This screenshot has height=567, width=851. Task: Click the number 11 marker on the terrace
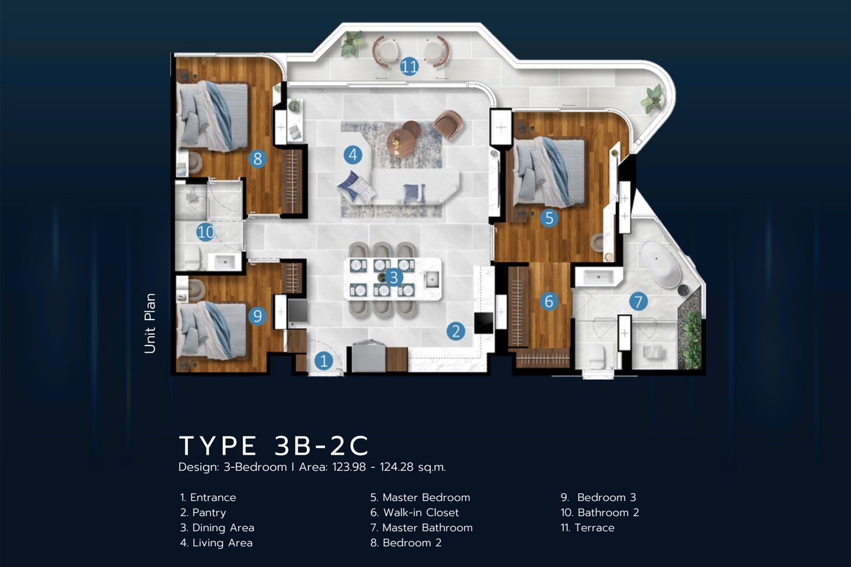tap(409, 67)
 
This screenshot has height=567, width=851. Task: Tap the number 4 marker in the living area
tap(353, 155)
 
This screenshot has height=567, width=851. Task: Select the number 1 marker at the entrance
tap(324, 360)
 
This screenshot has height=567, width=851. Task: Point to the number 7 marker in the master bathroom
tap(638, 302)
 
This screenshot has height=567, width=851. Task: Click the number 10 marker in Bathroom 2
tap(206, 232)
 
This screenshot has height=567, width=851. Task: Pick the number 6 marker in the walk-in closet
tap(549, 302)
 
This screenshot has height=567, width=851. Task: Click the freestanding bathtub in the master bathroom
tap(661, 265)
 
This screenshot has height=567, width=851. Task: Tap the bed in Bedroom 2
tap(213, 116)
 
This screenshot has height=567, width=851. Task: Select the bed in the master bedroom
tap(548, 173)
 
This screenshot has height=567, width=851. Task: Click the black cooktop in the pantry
tap(483, 323)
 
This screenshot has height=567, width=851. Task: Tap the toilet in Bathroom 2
tap(192, 258)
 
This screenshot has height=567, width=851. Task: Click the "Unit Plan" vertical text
tap(150, 324)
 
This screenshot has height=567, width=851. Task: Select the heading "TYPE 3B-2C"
tap(274, 446)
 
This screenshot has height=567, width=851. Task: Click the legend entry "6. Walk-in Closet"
tap(414, 513)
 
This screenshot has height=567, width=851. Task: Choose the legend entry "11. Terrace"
tap(587, 528)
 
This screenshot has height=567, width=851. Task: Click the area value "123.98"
tap(349, 467)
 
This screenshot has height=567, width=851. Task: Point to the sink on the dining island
tap(432, 279)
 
